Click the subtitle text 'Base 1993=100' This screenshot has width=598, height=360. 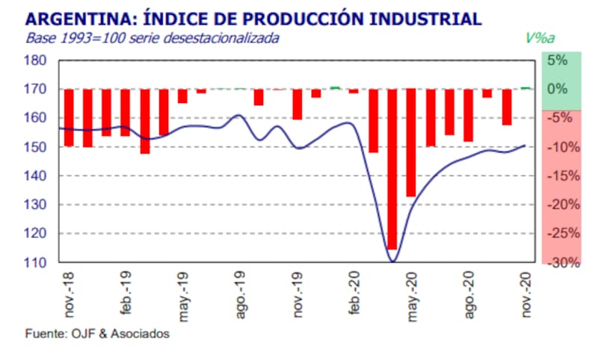[x=68, y=37]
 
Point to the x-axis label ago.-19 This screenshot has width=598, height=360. [x=241, y=297]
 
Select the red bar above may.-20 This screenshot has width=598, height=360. [x=411, y=143]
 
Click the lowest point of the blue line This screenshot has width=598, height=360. [x=392, y=261]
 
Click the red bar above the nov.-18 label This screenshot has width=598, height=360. [x=69, y=117]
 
